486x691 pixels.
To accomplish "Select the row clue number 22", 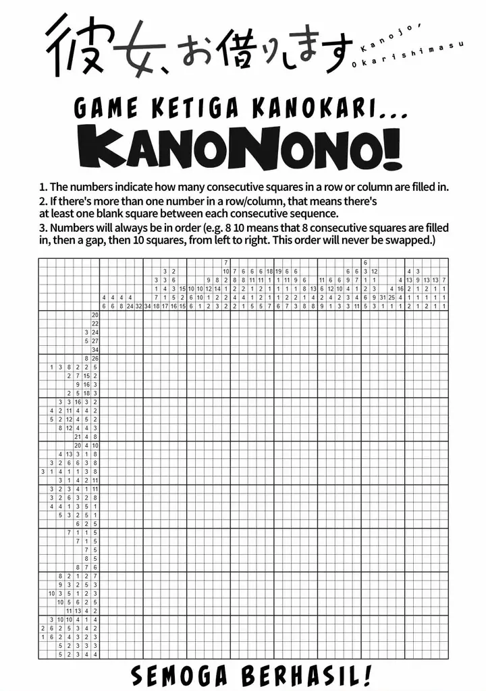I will tap(95, 324).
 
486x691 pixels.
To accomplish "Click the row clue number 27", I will tap(95, 341).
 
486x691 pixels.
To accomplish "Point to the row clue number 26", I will tap(95, 358).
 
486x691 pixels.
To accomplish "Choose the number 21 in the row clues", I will tap(78, 436).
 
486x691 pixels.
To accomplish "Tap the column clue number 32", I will tap(138, 306).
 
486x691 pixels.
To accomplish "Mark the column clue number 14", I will tap(217, 289).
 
